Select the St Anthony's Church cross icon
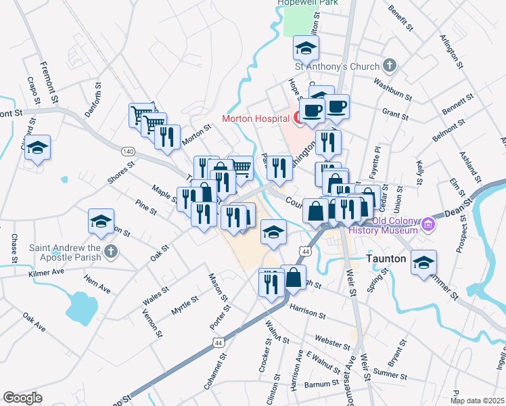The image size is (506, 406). (x=389, y=66)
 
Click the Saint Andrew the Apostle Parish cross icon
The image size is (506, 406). (x=111, y=252)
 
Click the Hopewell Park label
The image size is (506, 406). (x=308, y=3)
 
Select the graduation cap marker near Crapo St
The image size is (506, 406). (x=37, y=147)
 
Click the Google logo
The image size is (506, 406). (x=22, y=398)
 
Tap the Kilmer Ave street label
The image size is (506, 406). (x=45, y=272)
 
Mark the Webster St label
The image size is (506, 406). (x=331, y=338)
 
